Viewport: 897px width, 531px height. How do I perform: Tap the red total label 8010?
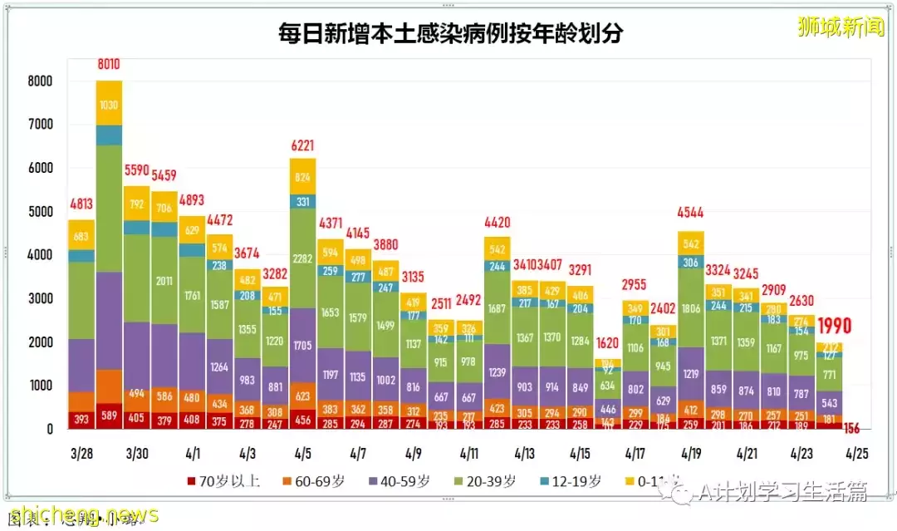(109, 64)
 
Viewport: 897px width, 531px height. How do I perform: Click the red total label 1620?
(606, 343)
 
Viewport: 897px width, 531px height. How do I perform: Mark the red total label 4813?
(81, 204)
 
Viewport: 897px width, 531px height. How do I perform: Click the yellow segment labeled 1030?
(109, 105)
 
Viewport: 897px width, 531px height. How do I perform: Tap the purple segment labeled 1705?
(302, 343)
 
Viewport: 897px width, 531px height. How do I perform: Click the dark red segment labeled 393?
(81, 418)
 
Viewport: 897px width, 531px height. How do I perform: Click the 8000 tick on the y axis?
(39, 81)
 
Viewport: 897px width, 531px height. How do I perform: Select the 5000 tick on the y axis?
(39, 212)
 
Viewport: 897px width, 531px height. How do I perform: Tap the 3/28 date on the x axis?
(81, 455)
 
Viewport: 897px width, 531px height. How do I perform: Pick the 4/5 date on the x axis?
(302, 455)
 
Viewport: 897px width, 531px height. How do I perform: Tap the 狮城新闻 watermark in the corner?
(841, 27)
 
